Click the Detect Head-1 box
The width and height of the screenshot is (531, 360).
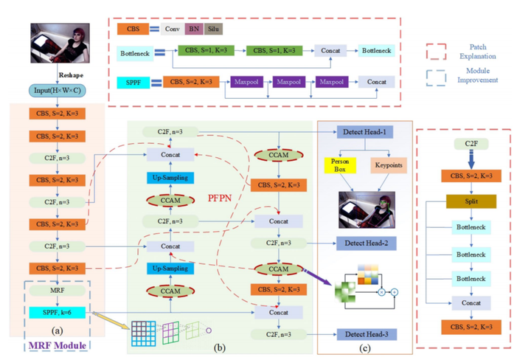pyautogui.click(x=367, y=131)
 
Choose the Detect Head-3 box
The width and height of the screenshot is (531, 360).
pyautogui.click(x=367, y=333)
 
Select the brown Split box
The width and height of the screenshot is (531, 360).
pyautogui.click(x=472, y=201)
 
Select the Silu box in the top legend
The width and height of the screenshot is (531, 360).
pyautogui.click(x=213, y=29)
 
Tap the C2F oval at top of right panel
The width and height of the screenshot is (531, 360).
pyautogui.click(x=472, y=142)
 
